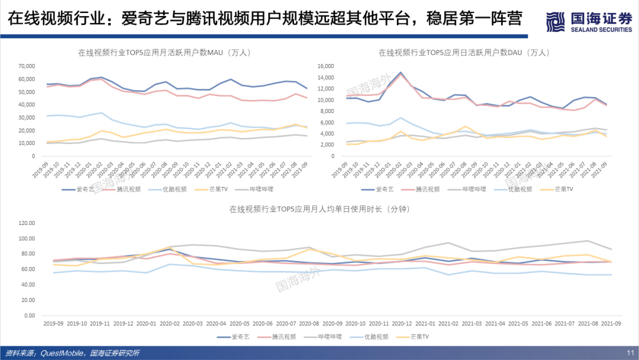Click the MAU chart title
(x=165, y=53)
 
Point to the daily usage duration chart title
(x=319, y=209)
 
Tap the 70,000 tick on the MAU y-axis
(x=27, y=66)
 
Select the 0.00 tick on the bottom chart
(x=30, y=316)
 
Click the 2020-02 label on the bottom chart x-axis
(x=169, y=324)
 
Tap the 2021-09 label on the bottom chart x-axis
(x=611, y=324)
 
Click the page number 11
(x=630, y=353)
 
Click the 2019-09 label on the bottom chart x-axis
(x=53, y=324)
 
